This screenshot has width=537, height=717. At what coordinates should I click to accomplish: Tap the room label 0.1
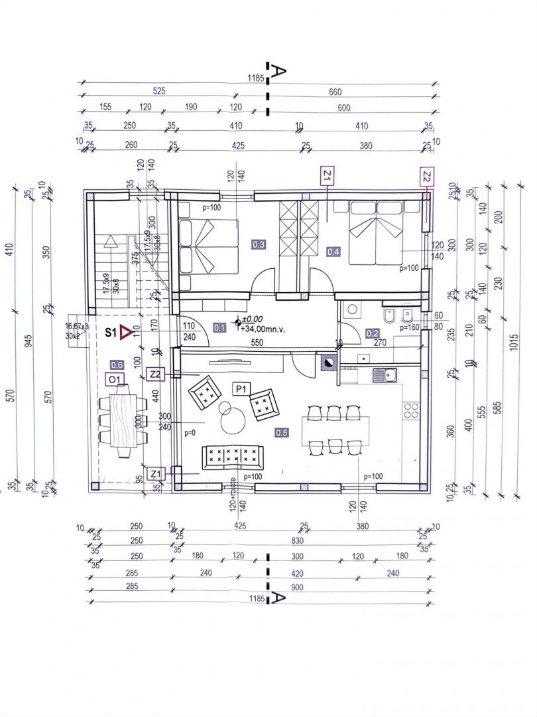pos(220,327)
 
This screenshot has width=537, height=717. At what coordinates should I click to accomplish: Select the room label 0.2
pos(373,334)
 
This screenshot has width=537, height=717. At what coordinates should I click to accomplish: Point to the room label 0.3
pos(259,245)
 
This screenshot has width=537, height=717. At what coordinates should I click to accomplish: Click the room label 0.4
pos(333,252)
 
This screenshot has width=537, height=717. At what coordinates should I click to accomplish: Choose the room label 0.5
pos(281,432)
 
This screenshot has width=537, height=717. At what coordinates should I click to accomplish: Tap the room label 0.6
pos(117,364)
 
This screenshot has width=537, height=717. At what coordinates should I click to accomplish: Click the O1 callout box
pos(116,379)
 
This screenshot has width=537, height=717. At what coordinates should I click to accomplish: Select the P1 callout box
pos(240,388)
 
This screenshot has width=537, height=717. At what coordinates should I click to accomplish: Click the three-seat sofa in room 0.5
pos(233,457)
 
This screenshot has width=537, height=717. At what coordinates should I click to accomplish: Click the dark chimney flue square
pos(328,362)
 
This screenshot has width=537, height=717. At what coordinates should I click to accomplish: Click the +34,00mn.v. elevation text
pos(262,328)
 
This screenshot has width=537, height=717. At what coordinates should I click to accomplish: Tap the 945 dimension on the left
pos(29,341)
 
